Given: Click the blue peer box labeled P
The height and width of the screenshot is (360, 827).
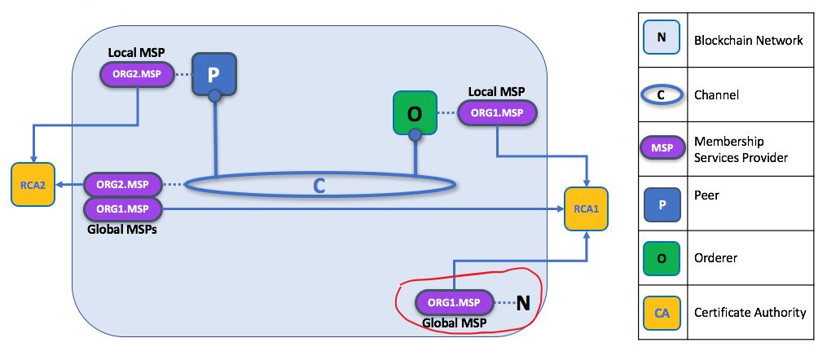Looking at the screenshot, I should [213, 75].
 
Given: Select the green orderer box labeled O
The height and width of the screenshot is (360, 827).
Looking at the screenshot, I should [415, 112].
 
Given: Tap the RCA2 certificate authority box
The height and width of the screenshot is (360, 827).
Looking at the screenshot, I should [33, 184].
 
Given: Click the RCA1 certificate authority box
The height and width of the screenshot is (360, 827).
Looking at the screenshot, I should [587, 209].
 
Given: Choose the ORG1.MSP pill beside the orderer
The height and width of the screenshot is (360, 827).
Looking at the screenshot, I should [497, 113].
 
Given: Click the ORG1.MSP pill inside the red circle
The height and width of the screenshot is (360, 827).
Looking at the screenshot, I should [455, 302].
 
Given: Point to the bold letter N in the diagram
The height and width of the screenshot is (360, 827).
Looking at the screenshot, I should [523, 303].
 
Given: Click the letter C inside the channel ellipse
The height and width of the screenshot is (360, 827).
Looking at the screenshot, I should [319, 186].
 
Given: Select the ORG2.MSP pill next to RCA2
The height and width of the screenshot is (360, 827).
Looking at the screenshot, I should [123, 185].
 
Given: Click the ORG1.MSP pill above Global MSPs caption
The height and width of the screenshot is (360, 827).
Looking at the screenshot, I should [123, 209].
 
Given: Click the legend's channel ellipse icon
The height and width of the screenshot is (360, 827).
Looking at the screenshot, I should [662, 94].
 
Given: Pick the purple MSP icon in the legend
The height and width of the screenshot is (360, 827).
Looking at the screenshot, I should [662, 149].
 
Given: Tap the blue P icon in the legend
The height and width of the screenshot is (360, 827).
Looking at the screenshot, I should [662, 204].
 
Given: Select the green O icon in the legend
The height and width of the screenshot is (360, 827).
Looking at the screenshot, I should [662, 258].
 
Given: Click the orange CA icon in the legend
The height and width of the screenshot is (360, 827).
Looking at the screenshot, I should [662, 312].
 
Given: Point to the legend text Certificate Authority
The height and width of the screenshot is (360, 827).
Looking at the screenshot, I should [750, 312].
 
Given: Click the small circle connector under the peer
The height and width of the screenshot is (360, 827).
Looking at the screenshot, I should [214, 97].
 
